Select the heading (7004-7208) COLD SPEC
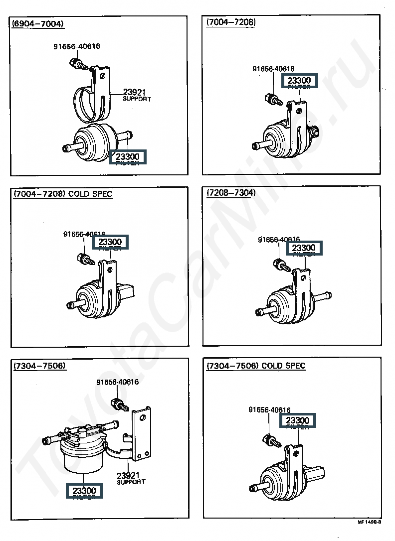tap(63, 194)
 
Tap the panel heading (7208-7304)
tap(231, 193)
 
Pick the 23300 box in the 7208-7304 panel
tap(304, 248)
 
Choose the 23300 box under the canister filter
tap(84, 491)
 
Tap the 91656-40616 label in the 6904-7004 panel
tap(77, 47)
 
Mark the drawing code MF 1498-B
tap(369, 522)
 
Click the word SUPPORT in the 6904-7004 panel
tap(137, 99)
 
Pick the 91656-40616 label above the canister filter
tap(117, 382)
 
